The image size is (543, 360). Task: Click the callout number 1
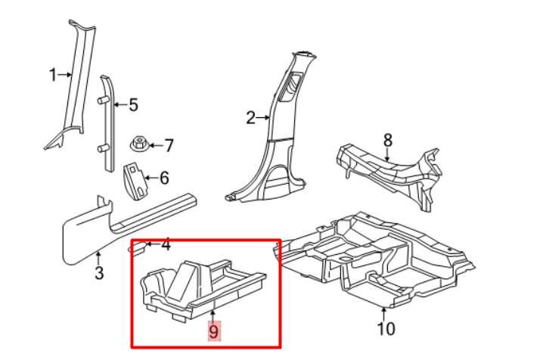point(53,75)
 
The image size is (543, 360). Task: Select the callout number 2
point(251,118)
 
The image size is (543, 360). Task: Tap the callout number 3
point(99,273)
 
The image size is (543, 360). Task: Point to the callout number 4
point(166,244)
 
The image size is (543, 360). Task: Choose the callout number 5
point(134,105)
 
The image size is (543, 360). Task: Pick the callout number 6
point(164,178)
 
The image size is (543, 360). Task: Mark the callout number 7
point(169,146)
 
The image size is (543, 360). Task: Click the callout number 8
point(388,140)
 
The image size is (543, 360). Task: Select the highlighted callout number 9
point(214,331)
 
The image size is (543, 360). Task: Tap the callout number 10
point(386,329)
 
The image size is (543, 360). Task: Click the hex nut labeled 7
point(139,144)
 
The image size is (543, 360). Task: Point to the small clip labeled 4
point(138,248)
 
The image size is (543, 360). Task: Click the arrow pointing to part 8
point(387,154)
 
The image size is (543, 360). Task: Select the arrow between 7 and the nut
point(156,145)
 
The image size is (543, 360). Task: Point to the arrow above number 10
point(383,315)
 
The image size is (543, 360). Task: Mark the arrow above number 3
point(98,259)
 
